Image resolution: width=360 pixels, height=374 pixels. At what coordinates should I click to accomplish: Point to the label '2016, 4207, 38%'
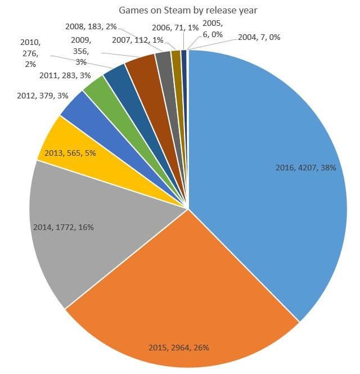(x=305, y=168)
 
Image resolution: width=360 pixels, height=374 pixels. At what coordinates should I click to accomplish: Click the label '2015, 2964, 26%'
(x=178, y=347)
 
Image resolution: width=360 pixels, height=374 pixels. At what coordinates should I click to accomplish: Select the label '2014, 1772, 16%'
(x=63, y=227)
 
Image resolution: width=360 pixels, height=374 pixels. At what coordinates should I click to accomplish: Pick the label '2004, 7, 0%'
(x=259, y=37)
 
